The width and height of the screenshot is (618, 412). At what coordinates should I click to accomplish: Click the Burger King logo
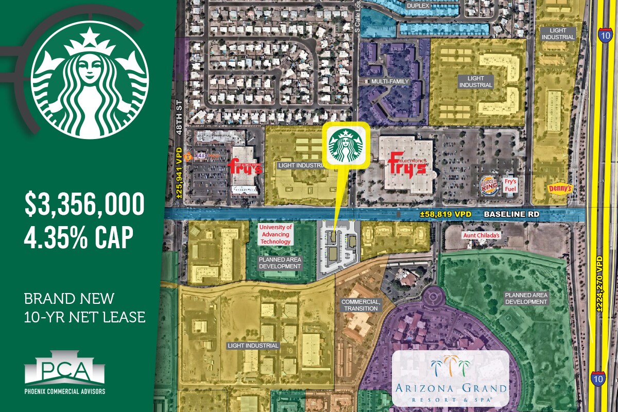click(x=488, y=185)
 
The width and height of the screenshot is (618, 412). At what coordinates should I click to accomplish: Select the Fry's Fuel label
click(x=510, y=185)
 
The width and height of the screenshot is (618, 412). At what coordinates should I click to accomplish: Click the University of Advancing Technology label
click(x=276, y=234)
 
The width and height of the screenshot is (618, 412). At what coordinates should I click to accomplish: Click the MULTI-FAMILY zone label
click(x=390, y=81)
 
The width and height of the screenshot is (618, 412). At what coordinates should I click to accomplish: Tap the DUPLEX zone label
click(x=418, y=6)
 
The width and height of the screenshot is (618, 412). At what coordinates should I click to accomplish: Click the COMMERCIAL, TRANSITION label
click(x=361, y=305)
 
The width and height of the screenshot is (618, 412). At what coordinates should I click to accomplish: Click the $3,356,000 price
click(x=85, y=204)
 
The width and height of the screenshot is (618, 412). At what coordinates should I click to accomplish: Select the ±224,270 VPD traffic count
click(x=599, y=284)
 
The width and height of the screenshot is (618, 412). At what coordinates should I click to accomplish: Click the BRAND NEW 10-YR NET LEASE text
click(x=85, y=308)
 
